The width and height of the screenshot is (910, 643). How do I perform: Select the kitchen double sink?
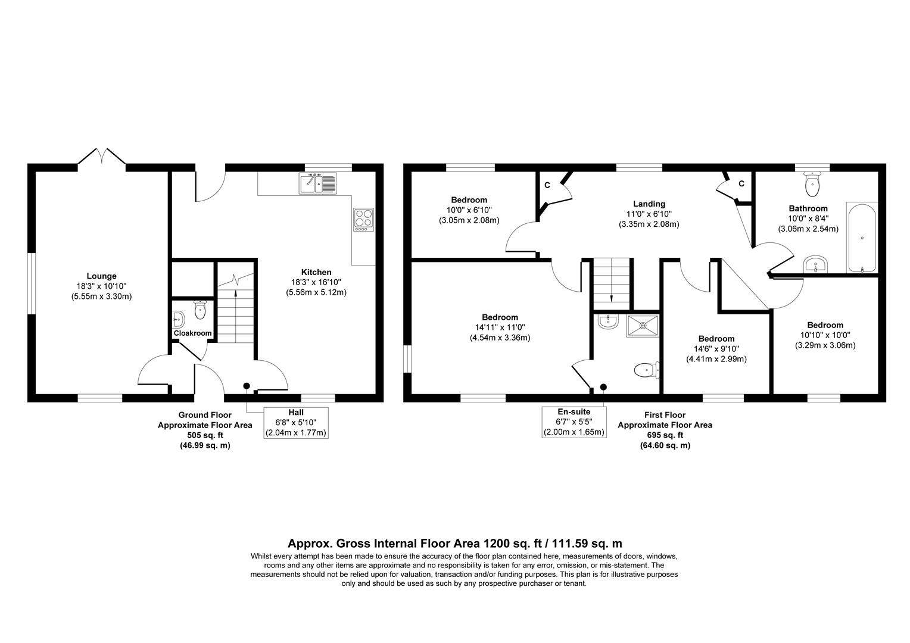point(318,183)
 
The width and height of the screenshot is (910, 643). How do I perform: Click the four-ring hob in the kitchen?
point(363,219)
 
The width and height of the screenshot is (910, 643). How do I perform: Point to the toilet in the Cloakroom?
point(200,310)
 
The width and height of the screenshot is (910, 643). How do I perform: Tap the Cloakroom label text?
point(192,333)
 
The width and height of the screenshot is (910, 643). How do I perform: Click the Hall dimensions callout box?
point(296,423)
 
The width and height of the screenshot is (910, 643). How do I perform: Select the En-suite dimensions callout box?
point(574,422)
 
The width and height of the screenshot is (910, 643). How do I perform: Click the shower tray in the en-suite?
point(643,326)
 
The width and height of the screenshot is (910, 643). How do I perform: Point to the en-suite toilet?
point(646,370)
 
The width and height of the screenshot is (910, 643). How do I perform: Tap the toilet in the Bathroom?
point(812,184)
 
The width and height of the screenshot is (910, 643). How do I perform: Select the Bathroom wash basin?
point(815,264)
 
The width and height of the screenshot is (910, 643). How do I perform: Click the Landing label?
point(649,204)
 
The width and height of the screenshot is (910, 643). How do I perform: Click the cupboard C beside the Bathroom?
point(741,183)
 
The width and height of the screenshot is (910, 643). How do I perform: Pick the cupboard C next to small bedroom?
point(547,185)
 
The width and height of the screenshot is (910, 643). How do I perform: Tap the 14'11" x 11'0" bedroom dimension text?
point(500,327)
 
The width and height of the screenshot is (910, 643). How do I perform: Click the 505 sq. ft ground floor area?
point(204,435)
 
